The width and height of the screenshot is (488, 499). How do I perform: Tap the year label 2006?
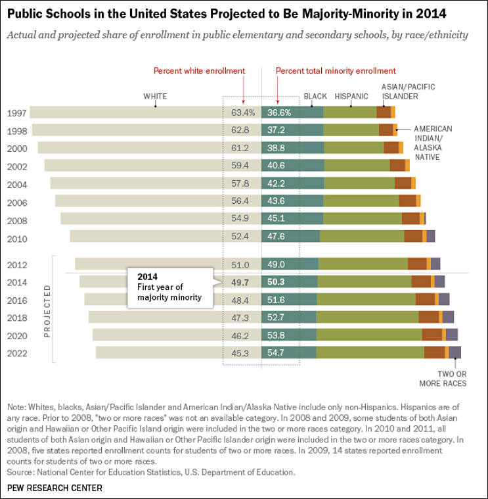point(16,202)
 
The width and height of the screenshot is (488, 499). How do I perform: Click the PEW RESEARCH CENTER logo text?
point(55,488)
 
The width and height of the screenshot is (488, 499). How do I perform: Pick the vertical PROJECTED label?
point(47,311)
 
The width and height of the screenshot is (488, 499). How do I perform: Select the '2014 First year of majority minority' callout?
point(171,287)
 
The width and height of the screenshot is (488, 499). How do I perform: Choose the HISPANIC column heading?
point(351,97)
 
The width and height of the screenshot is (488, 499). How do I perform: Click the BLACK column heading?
point(315,97)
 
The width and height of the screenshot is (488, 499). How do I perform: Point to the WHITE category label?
point(155,97)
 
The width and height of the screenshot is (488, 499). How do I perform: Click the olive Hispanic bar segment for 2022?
point(370,352)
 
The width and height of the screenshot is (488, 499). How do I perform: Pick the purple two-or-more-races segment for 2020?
point(452,335)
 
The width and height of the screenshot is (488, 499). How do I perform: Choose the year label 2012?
point(16,265)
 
